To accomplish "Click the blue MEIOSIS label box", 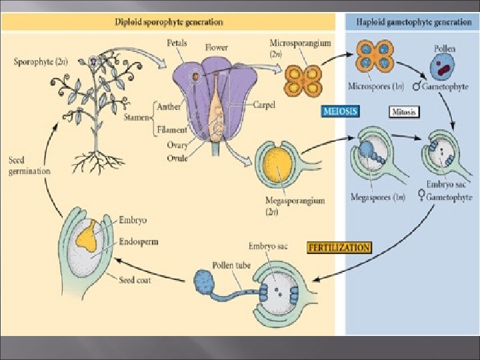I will point(340,111).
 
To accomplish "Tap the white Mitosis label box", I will point(403,112).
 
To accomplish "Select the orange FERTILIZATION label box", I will point(339,247).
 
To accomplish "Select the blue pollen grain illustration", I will point(441,69).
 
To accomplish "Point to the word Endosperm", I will point(139,243).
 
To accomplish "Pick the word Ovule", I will point(177,157).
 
